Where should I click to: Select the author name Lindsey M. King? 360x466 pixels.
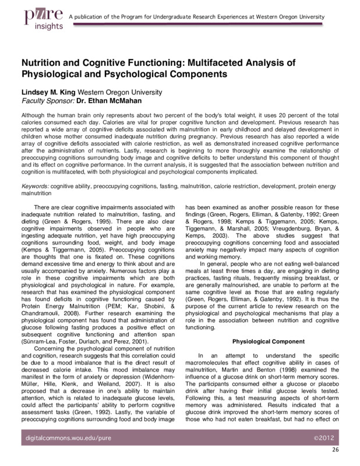[54, 91]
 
